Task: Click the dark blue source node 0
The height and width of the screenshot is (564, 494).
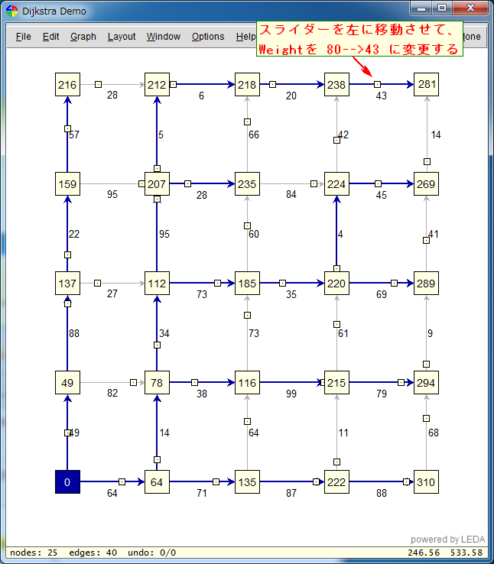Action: point(67,481)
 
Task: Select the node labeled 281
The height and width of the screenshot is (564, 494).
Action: point(427,85)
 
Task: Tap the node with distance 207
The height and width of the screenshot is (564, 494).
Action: point(157,184)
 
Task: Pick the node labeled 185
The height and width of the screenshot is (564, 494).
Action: point(247,283)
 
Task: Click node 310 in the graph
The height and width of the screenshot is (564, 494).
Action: point(427,481)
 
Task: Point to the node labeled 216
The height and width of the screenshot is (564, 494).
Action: point(67,85)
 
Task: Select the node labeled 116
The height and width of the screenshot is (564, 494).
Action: point(247,382)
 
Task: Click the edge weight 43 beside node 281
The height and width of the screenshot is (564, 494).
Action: point(381,96)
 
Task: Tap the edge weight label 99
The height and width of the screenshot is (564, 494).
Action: point(291,394)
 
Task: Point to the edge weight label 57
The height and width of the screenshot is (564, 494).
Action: point(74,135)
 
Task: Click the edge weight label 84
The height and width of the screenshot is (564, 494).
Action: point(291,195)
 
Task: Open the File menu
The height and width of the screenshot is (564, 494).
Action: point(24,37)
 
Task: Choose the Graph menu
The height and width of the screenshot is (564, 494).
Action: point(83,37)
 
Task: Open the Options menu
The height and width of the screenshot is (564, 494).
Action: point(208,37)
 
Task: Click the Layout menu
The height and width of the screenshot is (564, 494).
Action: point(122,37)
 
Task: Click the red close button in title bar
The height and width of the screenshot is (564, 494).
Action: point(470,8)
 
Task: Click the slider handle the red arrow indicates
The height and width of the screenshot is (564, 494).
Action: point(377,84)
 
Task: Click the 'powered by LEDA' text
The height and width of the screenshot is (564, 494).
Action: point(447,540)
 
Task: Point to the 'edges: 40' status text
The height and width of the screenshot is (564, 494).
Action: point(93,553)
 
